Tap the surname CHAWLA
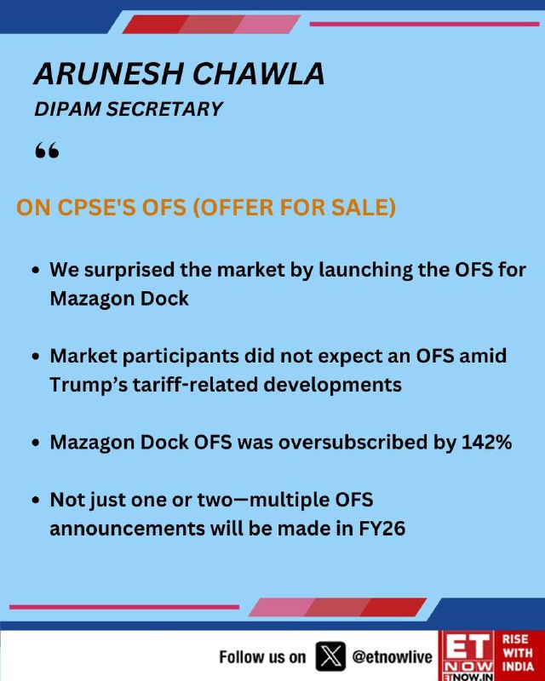259,73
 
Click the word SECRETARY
164,109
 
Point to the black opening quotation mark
47,151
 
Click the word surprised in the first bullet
129,270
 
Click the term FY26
382,529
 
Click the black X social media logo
330,656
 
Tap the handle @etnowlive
392,656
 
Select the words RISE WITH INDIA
518,653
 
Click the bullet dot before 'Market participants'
36,356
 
